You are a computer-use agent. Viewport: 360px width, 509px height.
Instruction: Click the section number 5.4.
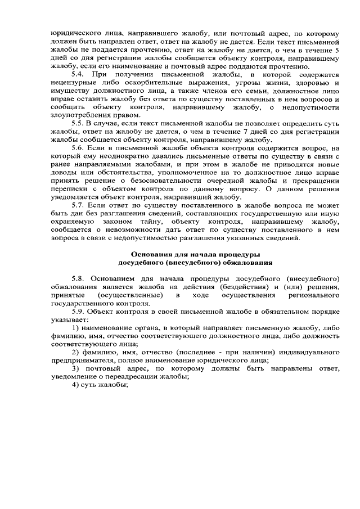[79, 75]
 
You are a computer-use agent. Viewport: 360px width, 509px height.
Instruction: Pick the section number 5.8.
[79, 279]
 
